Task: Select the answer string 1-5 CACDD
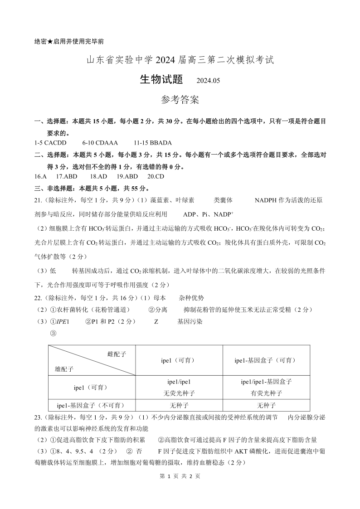[x=50, y=142]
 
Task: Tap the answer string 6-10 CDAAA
[x=100, y=142]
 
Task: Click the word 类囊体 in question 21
[x=223, y=200]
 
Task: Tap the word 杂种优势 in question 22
[x=191, y=298]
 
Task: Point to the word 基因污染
[x=190, y=321]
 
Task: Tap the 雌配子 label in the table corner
[x=117, y=354]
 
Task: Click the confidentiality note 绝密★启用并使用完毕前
[x=69, y=41]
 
